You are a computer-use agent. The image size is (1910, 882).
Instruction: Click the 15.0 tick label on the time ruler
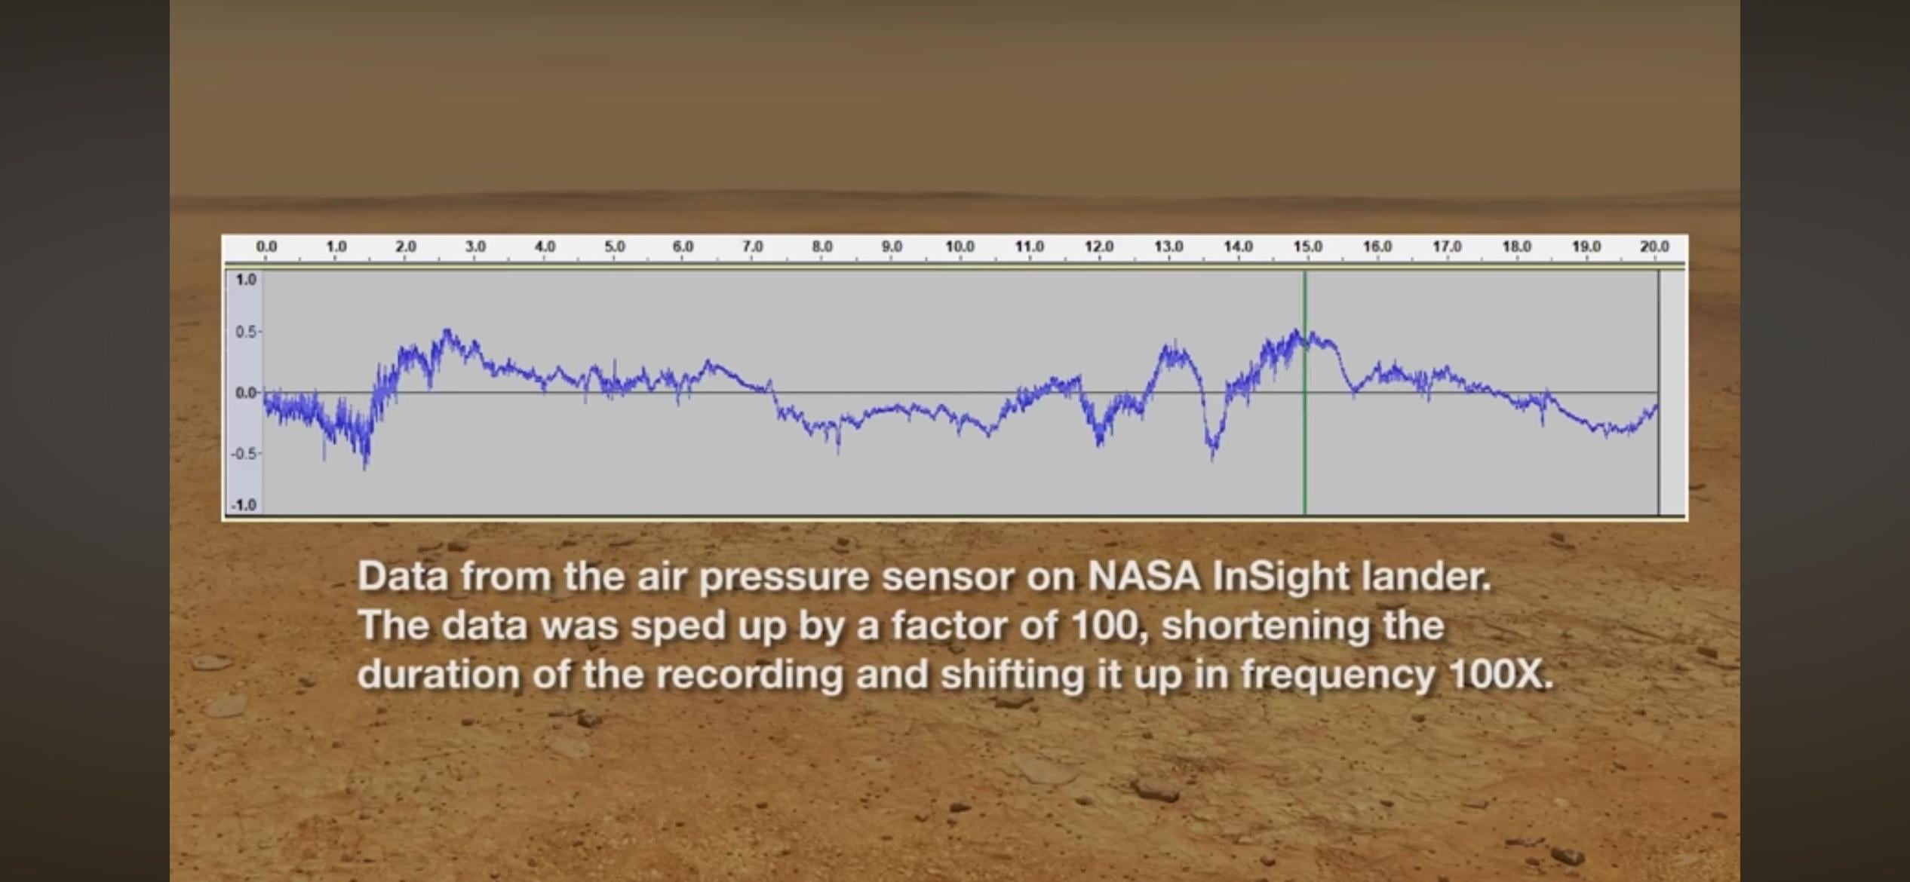click(x=1307, y=247)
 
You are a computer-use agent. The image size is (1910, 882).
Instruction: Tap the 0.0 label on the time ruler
click(x=266, y=247)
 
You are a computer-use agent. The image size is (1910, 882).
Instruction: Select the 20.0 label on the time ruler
click(x=1654, y=247)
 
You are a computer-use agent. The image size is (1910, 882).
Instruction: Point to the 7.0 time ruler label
click(x=752, y=247)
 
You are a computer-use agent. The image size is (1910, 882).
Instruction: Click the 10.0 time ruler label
click(x=960, y=247)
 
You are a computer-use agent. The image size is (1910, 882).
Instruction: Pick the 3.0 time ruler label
click(x=474, y=247)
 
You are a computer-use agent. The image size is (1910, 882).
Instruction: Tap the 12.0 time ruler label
click(x=1099, y=247)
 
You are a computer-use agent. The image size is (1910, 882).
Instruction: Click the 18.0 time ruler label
click(x=1516, y=247)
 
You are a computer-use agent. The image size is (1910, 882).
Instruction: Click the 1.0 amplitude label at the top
click(x=246, y=280)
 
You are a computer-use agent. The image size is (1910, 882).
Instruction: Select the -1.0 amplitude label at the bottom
click(x=244, y=505)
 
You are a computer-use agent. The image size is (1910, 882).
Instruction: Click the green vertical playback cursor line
click(x=1304, y=392)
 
